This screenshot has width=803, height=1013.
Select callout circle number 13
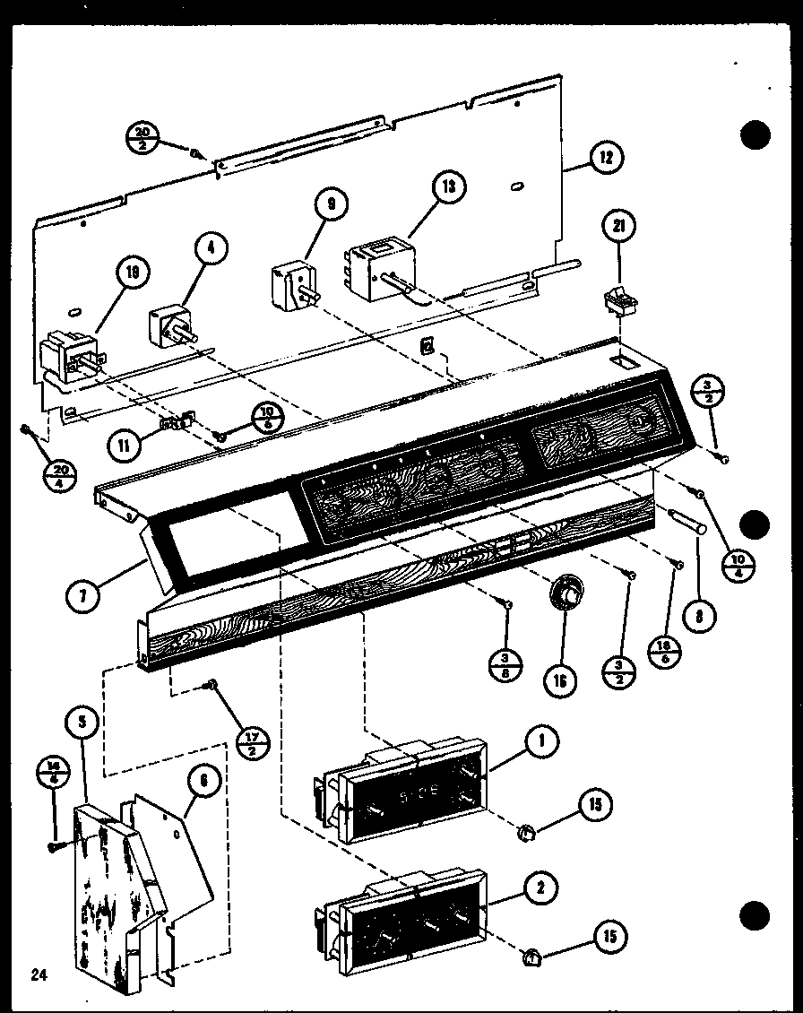click(x=447, y=187)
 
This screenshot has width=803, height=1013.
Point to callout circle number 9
click(x=331, y=205)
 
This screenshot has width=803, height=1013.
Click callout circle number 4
click(x=211, y=252)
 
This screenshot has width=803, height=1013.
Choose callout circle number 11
click(x=123, y=443)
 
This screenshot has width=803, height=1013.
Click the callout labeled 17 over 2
click(x=254, y=741)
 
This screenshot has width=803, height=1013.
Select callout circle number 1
click(x=542, y=740)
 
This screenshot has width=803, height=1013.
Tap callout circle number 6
click(x=203, y=781)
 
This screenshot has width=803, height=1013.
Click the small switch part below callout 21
click(x=616, y=302)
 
